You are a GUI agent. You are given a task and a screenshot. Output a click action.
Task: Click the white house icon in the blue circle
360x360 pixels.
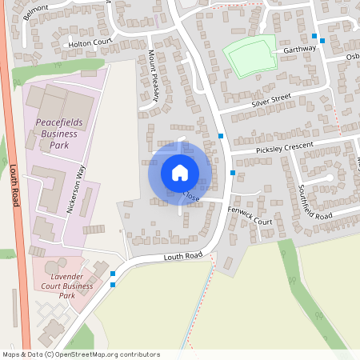coord(180,172)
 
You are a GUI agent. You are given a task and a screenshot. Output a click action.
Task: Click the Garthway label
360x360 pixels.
coord(300,49)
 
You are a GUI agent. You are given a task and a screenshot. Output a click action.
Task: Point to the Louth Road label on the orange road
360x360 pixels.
coord(14,186)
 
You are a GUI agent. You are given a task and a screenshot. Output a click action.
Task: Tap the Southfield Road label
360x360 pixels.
coord(314,203)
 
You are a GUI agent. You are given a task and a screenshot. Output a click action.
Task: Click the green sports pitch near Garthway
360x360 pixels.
coord(250,55)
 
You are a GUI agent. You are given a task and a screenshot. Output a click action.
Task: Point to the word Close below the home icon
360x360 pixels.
coord(191,195)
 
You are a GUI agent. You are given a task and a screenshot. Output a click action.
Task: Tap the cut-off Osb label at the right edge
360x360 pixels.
coord(352,58)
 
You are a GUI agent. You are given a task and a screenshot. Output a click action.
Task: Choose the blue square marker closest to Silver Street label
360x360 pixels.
coord(221,137)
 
